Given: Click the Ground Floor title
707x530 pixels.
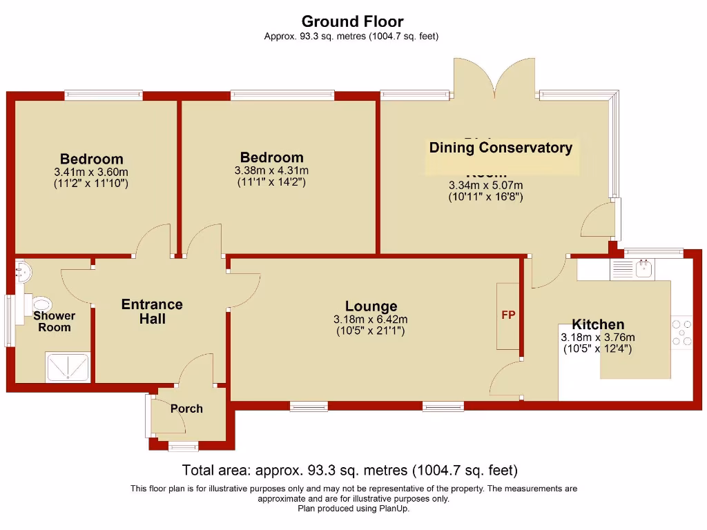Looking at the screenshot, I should (x=352, y=21).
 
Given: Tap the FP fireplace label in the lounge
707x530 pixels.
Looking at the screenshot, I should (x=508, y=315).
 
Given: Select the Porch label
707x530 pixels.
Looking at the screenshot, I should (x=186, y=409).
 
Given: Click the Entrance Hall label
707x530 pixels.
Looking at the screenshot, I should (x=152, y=311).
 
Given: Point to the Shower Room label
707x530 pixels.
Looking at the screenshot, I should (x=55, y=322).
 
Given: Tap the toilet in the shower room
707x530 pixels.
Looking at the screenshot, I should (x=41, y=303).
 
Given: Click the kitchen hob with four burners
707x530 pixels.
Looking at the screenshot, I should (x=682, y=331).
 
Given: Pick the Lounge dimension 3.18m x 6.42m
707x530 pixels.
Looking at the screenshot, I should (x=370, y=320).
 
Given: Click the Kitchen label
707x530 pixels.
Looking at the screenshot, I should (x=598, y=324).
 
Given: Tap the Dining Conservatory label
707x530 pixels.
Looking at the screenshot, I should (x=501, y=148).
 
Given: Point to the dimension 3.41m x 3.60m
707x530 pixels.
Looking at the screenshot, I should (x=91, y=173).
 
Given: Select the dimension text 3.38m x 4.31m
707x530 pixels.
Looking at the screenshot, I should (x=271, y=170).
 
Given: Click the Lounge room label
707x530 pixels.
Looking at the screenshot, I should (x=371, y=306).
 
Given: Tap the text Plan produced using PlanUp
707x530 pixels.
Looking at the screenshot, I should (x=353, y=509).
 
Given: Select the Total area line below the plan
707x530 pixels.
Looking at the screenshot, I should (x=349, y=471).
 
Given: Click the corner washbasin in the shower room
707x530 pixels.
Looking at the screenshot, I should (x=23, y=271).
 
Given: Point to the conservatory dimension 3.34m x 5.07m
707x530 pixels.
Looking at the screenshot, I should (x=485, y=185).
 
